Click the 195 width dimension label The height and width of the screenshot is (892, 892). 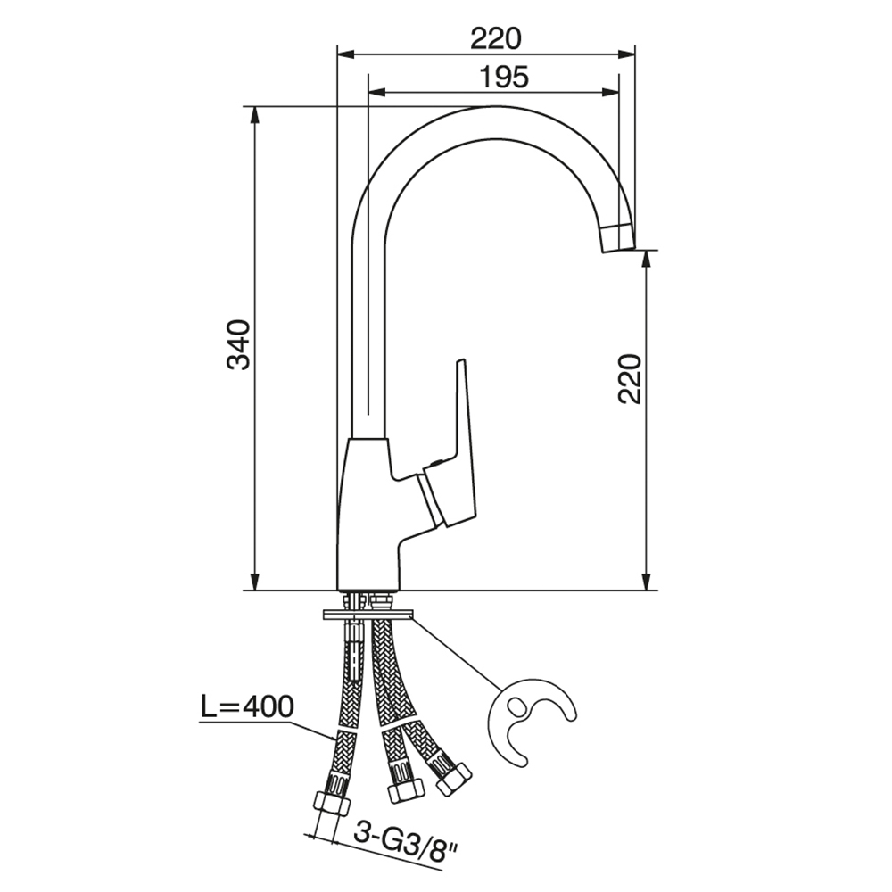coord(503,77)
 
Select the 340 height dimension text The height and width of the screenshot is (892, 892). coord(239,345)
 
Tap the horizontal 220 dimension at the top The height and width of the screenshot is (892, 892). coord(495,39)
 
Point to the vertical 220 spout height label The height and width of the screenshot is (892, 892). coord(630,379)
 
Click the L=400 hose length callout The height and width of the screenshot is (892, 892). coord(247,707)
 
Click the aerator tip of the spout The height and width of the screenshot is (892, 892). coord(618,237)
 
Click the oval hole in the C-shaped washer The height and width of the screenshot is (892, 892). coord(517,707)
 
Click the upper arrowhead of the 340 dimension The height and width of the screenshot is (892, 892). coord(255,115)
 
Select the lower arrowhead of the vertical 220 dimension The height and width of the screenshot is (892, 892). coord(646,582)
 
